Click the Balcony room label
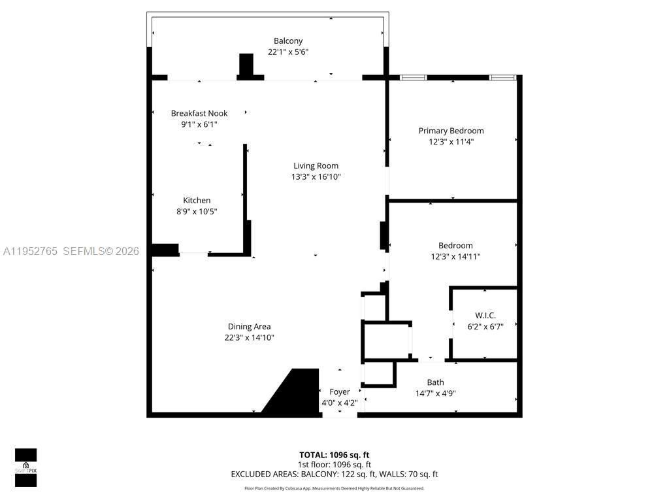tap(288, 41)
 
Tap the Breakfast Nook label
tap(199, 113)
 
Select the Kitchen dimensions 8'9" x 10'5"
tap(197, 211)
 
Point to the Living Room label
tap(316, 165)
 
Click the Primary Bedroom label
tap(451, 131)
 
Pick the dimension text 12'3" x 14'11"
tap(455, 257)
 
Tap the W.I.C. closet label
tap(485, 316)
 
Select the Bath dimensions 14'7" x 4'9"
tap(435, 393)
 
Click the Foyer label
tap(339, 392)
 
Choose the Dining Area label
tap(249, 326)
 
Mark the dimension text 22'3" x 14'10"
tap(249, 337)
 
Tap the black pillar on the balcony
tap(246, 65)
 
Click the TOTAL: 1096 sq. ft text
tap(334, 454)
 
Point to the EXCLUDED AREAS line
tap(334, 474)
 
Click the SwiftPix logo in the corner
tap(25, 467)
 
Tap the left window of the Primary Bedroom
tap(413, 78)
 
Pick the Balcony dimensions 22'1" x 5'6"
tap(288, 52)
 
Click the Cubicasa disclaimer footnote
tap(334, 488)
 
